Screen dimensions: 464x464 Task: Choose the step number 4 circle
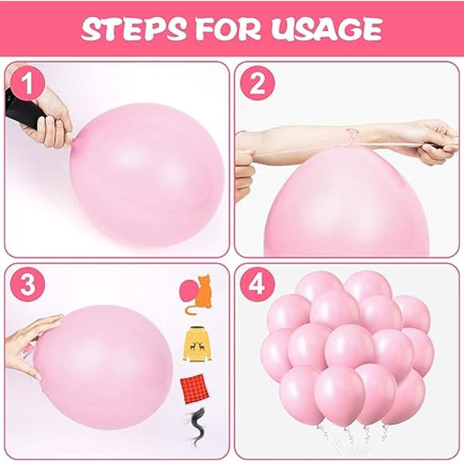pyautogui.click(x=258, y=285)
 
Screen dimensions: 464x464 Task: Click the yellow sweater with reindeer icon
pyautogui.click(x=199, y=344)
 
